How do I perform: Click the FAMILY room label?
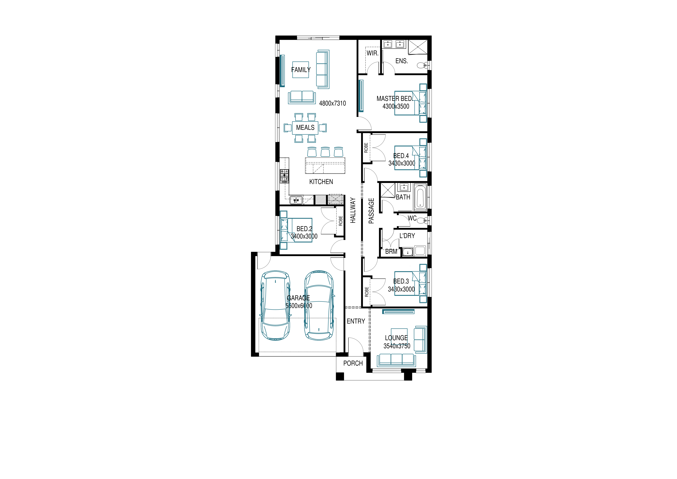click(x=301, y=70)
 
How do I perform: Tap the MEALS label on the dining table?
click(x=305, y=127)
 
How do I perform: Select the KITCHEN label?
click(x=321, y=182)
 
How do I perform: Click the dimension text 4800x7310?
click(x=333, y=103)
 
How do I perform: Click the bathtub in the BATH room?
click(x=420, y=197)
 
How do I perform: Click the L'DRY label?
click(x=407, y=236)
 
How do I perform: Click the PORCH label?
click(x=353, y=363)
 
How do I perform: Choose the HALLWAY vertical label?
click(x=353, y=210)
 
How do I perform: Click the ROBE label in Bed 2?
click(x=341, y=221)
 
